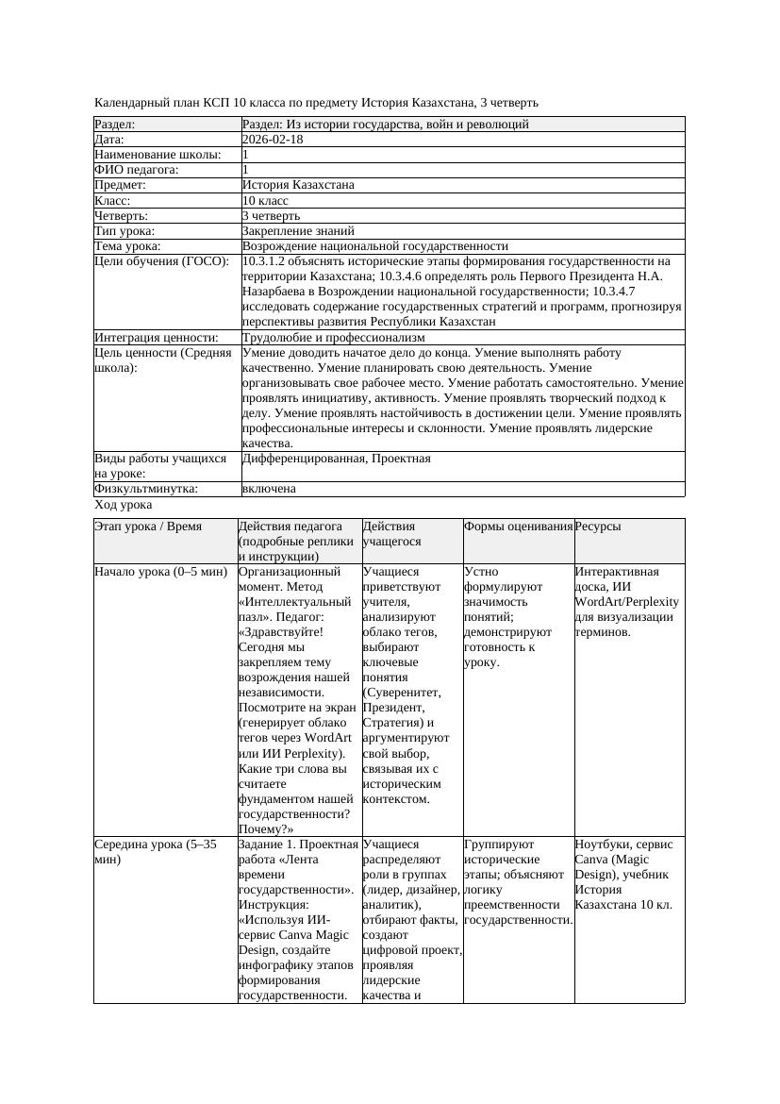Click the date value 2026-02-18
click(x=273, y=140)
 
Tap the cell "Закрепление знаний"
click(x=298, y=231)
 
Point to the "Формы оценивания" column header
click(x=518, y=527)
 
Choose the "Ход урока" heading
click(x=124, y=506)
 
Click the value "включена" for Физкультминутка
click(x=269, y=489)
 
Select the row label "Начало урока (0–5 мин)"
click(x=161, y=572)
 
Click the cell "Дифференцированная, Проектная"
click(x=336, y=459)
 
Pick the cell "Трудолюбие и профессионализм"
click(x=333, y=337)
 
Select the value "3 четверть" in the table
click(x=271, y=216)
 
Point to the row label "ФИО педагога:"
click(x=137, y=170)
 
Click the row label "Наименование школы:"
click(x=158, y=155)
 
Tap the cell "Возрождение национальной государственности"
click(x=374, y=246)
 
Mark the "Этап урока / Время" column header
click(x=148, y=527)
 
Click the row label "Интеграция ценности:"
click(x=157, y=337)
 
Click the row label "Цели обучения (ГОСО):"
click(x=161, y=261)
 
